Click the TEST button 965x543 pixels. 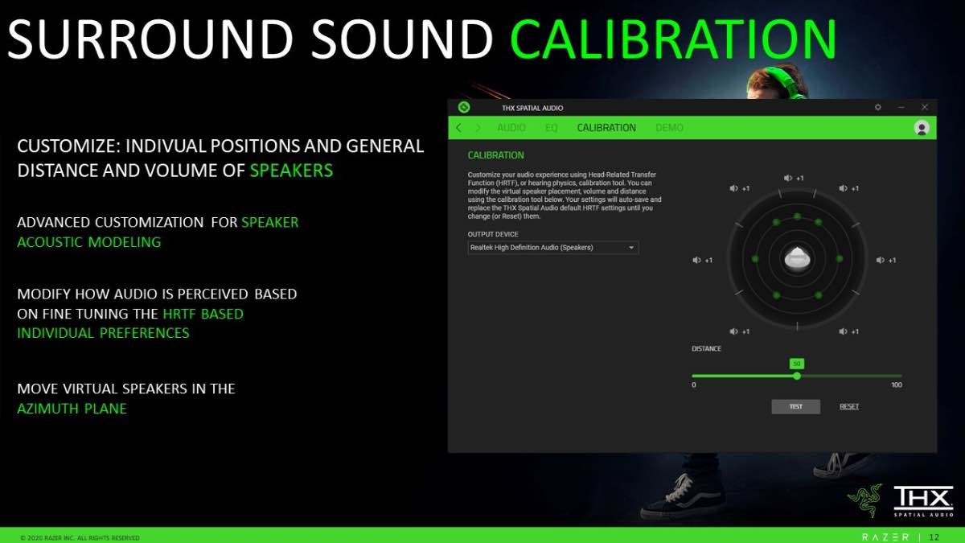(795, 406)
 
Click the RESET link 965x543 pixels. (849, 406)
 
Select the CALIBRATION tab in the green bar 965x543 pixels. (606, 128)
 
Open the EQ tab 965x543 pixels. (552, 128)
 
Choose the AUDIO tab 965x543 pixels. (511, 128)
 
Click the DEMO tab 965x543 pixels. (669, 128)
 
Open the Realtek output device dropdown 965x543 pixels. (553, 248)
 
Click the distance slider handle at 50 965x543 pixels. (797, 376)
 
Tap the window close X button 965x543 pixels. (925, 107)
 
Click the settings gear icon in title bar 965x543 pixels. (877, 107)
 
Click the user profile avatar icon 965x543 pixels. (922, 128)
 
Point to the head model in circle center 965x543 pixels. (796, 259)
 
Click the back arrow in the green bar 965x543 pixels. (458, 128)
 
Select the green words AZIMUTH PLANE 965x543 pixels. (72, 409)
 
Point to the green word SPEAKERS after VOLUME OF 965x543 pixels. (291, 171)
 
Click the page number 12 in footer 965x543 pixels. (934, 537)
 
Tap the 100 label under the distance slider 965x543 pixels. (897, 385)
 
